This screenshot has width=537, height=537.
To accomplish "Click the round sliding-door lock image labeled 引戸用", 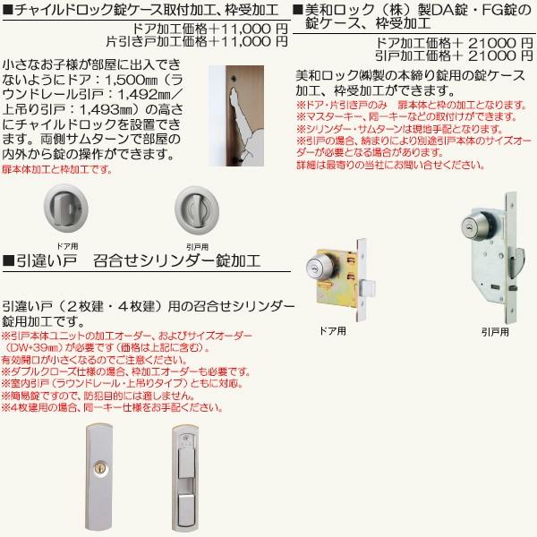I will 196,209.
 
